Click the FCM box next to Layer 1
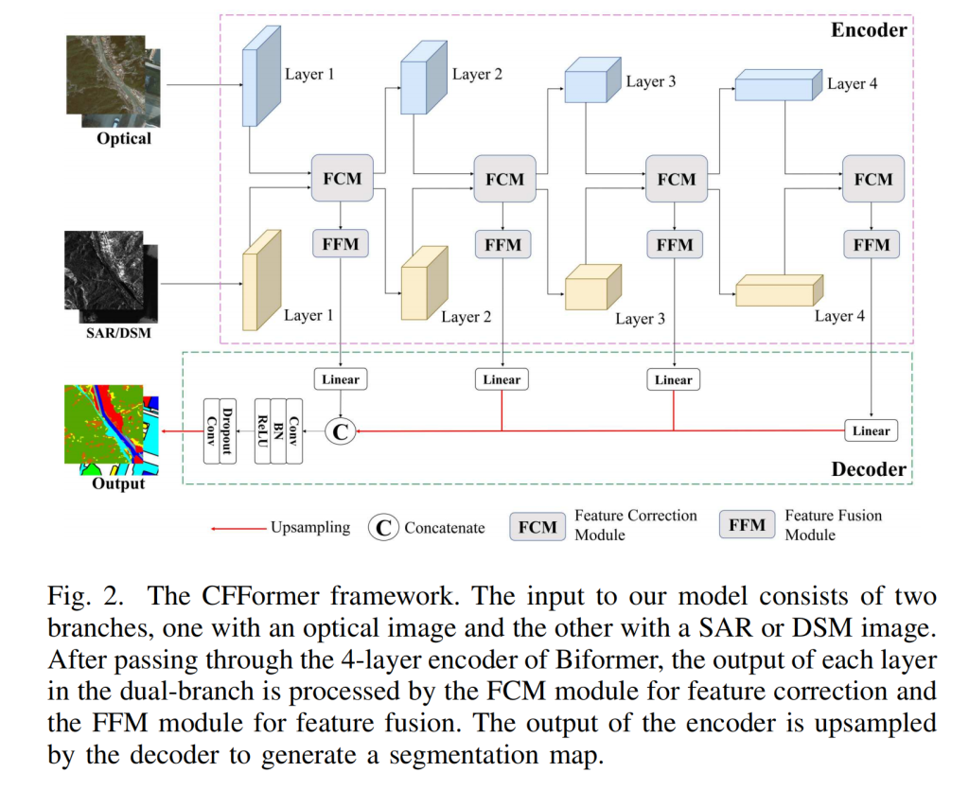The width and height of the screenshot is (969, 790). (x=342, y=179)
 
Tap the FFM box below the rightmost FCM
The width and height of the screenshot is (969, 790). (x=871, y=245)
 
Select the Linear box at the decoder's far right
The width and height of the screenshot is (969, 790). (x=871, y=430)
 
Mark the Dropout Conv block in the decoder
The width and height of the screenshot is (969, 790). (x=219, y=431)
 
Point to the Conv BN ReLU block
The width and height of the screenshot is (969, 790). (x=279, y=431)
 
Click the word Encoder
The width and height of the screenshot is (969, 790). (x=868, y=29)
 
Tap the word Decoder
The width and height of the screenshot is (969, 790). (x=868, y=469)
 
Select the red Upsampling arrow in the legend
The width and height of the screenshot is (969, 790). (x=238, y=528)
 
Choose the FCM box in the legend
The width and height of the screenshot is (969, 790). (x=537, y=527)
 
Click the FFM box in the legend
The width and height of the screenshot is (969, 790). (x=747, y=525)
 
